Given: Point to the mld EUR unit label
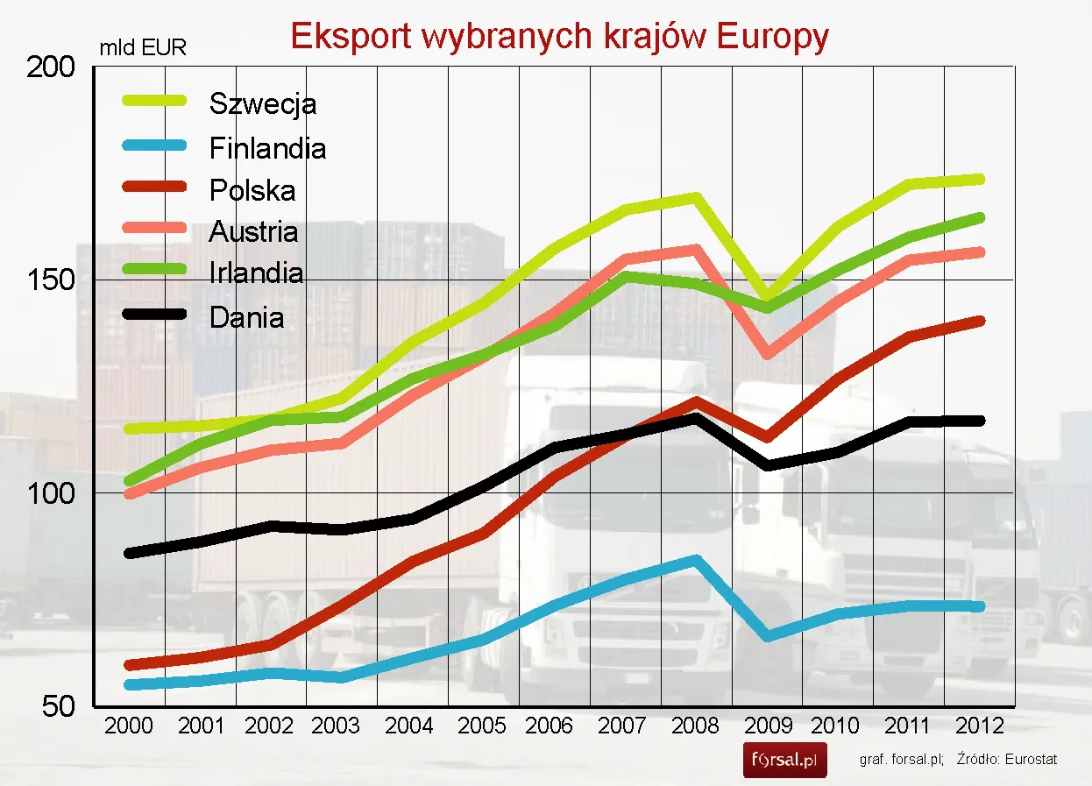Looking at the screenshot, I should point(143,48).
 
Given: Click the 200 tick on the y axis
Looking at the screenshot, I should point(52,67).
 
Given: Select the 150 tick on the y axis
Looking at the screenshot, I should point(52,280).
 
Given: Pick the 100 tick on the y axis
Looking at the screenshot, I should point(52,493).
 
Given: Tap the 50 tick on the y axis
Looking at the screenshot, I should point(59,706).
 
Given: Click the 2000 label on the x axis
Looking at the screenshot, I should point(128,726).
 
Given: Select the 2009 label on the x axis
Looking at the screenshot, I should point(767,726).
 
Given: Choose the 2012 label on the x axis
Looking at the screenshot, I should point(980,726).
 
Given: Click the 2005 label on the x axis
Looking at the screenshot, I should point(483,726).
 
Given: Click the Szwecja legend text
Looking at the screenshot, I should point(263,104).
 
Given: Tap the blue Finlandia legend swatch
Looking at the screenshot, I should point(153,145).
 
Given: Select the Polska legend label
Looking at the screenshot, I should point(252,190).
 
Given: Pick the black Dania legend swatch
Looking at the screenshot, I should point(153,315).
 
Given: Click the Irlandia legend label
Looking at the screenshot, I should point(257,273).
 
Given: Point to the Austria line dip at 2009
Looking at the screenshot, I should point(767,353).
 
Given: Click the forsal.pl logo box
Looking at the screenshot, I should point(785,760).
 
